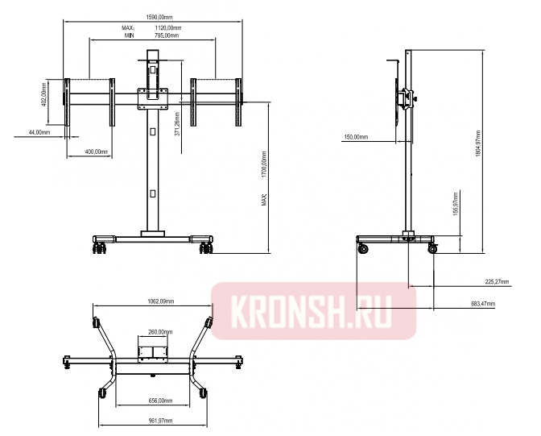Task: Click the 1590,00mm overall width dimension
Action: [159, 17]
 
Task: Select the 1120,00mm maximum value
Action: [167, 28]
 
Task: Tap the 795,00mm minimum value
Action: [167, 35]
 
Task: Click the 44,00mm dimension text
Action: [39, 132]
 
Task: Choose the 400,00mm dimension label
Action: [97, 152]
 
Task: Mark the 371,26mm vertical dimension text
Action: [177, 124]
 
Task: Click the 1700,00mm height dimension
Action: [264, 164]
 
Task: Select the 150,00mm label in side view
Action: [356, 137]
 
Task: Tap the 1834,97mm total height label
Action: [478, 143]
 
